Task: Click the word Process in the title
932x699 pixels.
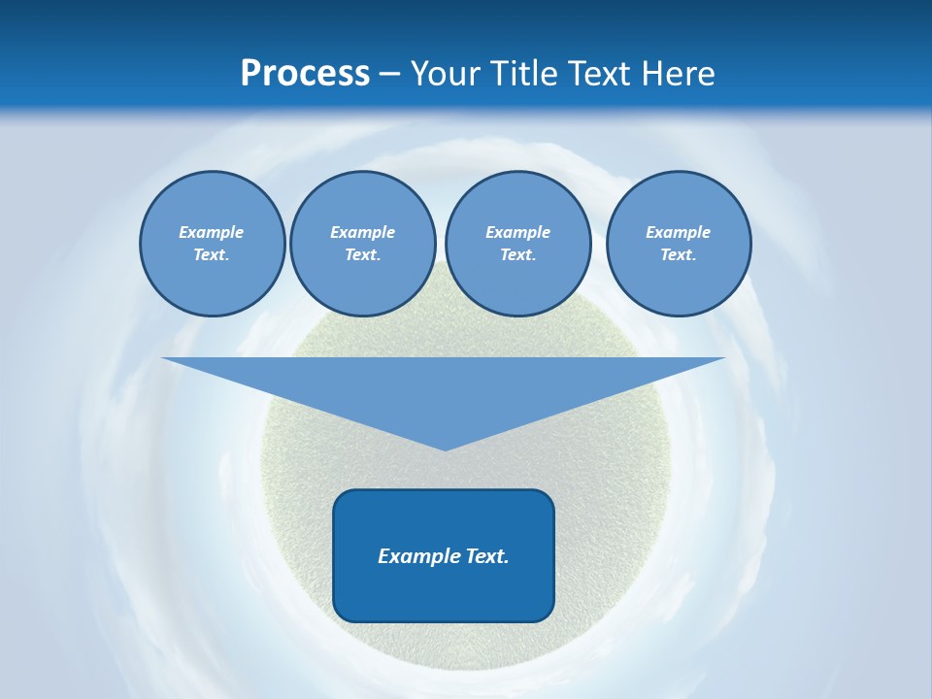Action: pyautogui.click(x=305, y=74)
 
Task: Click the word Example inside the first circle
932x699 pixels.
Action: pyautogui.click(x=212, y=232)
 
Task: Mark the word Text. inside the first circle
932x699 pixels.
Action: pyautogui.click(x=212, y=254)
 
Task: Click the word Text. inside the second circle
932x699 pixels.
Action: pyautogui.click(x=362, y=254)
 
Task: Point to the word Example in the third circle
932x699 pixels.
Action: pyautogui.click(x=517, y=232)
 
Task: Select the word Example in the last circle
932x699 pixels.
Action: pyautogui.click(x=678, y=232)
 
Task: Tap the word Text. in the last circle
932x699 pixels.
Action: pyautogui.click(x=678, y=254)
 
